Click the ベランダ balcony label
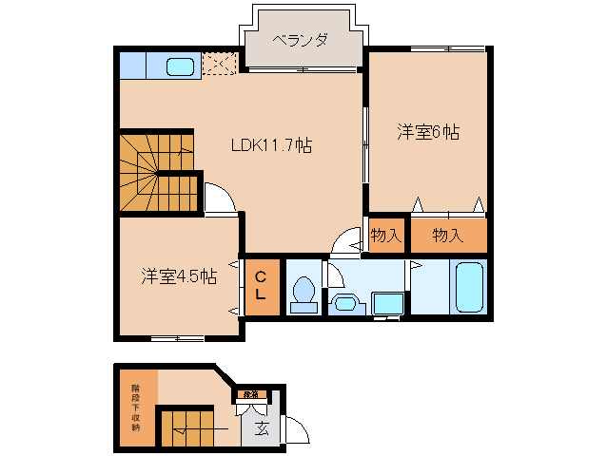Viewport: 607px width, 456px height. point(300,40)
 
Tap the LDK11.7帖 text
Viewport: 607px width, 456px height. point(272,145)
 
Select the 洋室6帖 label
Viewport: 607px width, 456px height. point(428,133)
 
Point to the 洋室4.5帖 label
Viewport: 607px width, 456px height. point(179,276)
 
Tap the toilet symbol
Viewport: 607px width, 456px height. point(303,292)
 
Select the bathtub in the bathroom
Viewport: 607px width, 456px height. point(470,286)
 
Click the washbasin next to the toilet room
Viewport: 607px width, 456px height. point(343,304)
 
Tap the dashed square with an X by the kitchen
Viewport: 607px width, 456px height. point(218,65)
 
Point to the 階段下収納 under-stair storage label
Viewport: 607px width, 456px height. point(135,407)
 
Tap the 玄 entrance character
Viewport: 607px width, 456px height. point(261,428)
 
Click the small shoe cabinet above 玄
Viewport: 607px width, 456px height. point(250,392)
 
